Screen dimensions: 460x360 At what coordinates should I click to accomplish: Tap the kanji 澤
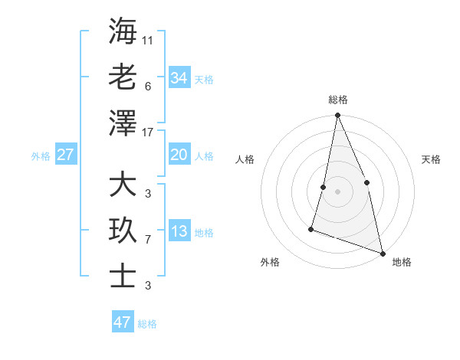coord(123,123)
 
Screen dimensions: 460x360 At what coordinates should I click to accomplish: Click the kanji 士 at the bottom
coord(123,277)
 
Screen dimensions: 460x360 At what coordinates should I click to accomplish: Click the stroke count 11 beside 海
coord(148,40)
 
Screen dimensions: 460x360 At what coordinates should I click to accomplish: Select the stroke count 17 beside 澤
coord(148,133)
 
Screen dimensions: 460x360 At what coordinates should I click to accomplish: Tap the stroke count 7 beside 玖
coord(148,240)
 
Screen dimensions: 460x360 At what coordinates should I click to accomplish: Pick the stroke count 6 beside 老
coord(148,86)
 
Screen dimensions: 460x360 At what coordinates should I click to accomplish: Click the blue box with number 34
coord(179,78)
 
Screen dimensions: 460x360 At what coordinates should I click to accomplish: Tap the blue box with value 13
coord(179,232)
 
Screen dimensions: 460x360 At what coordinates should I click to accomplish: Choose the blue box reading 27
coord(65,155)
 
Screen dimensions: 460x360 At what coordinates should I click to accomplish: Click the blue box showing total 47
coord(123,322)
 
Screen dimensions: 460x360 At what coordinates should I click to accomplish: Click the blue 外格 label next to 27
coord(41,156)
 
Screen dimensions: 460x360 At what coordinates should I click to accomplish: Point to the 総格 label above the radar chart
coord(338,100)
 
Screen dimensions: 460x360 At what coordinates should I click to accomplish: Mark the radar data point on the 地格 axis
coord(383,253)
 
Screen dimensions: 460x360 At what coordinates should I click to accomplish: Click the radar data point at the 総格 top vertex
coord(337,116)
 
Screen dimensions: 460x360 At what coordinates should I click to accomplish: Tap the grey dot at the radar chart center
coord(337,191)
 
